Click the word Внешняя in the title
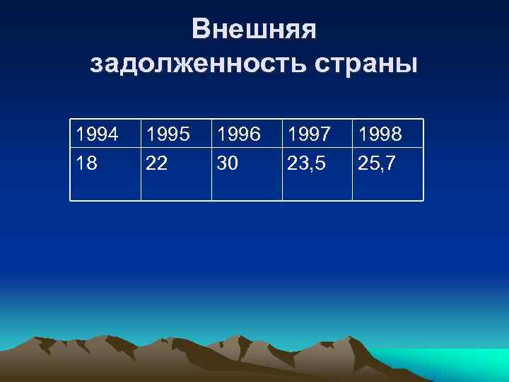(255, 30)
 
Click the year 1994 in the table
(98, 134)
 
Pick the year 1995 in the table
(168, 134)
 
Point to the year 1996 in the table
(239, 134)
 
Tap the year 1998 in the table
(381, 134)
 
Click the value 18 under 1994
(87, 164)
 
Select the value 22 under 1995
(158, 164)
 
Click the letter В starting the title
(201, 30)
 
